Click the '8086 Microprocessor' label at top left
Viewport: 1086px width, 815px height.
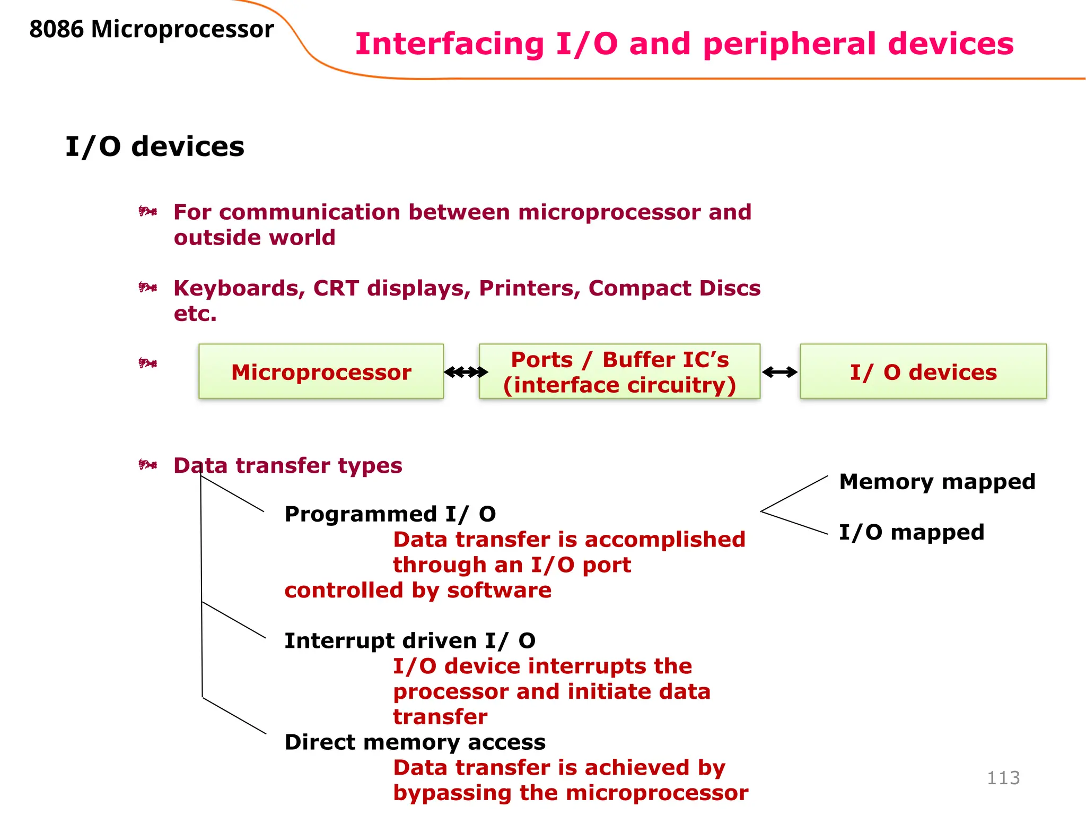coord(151,29)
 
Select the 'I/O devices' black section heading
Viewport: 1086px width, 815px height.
coord(154,146)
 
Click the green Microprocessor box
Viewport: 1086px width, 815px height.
coord(321,371)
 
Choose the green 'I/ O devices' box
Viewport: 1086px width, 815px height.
coord(923,371)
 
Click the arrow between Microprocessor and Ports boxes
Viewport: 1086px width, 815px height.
coord(466,372)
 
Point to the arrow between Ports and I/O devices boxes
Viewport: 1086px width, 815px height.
coord(780,372)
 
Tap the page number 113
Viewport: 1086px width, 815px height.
coord(1003,778)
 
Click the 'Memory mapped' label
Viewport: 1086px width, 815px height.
coord(936,482)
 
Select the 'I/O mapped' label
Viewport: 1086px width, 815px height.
coord(911,532)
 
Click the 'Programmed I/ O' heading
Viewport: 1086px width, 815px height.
coord(390,514)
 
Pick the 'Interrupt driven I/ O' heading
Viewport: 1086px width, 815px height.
coord(409,641)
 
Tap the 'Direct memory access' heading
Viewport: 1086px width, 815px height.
coord(415,742)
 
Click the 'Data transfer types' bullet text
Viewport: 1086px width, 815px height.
coord(287,466)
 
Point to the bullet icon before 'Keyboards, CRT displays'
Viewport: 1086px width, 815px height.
coord(147,288)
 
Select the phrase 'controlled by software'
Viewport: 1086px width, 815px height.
coord(418,591)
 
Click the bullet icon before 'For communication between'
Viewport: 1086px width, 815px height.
coord(147,212)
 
